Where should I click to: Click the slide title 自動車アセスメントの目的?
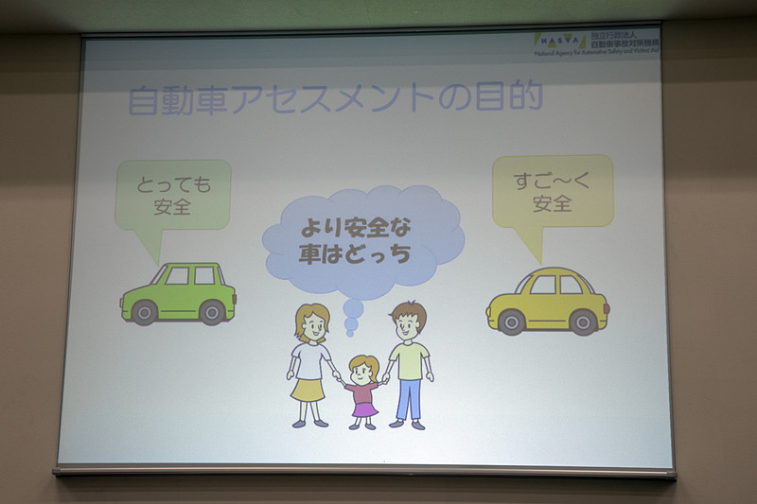(x=335, y=99)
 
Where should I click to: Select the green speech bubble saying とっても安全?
(x=172, y=194)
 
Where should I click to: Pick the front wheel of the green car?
(x=144, y=312)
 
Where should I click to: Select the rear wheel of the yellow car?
(x=512, y=322)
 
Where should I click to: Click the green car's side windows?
(x=190, y=275)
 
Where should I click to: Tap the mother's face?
(x=311, y=327)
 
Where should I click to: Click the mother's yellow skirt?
(x=308, y=388)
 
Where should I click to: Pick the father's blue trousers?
(x=409, y=398)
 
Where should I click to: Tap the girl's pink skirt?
(x=363, y=408)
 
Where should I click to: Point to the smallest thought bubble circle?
(x=352, y=332)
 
